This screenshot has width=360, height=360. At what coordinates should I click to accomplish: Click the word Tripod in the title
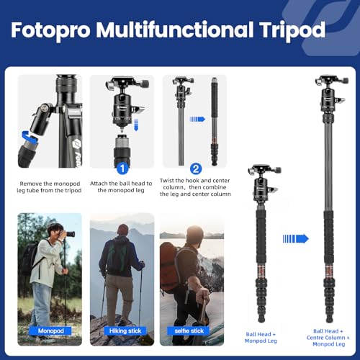pyautogui.click(x=296, y=30)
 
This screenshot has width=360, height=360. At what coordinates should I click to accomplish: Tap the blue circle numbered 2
pyautogui.click(x=194, y=168)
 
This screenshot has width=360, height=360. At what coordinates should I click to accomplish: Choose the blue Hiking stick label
pyautogui.click(x=122, y=331)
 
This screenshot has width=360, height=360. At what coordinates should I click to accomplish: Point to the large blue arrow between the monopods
pyautogui.click(x=295, y=238)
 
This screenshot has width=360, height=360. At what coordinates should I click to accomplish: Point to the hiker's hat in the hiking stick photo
pyautogui.click(x=120, y=228)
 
